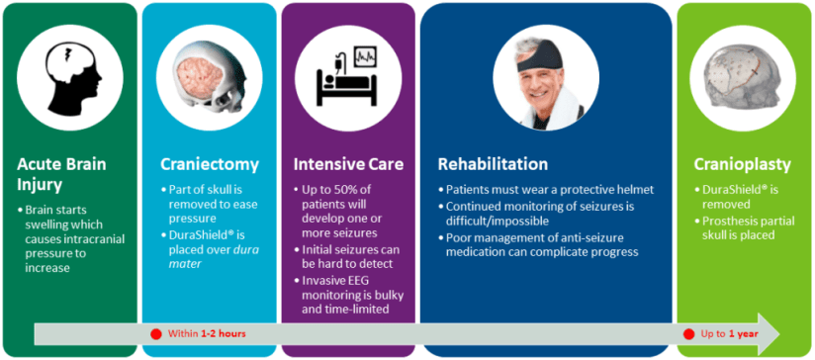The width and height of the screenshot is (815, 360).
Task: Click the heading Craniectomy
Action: click(210, 165)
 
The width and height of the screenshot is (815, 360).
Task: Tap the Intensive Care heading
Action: click(348, 165)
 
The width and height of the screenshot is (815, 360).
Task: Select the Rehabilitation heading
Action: click(493, 165)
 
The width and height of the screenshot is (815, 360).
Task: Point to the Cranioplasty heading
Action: click(743, 165)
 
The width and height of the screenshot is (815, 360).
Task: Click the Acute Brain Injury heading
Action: click(61, 174)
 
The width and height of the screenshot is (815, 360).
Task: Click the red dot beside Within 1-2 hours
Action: click(156, 333)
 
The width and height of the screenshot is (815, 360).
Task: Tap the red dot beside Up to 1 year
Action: click(689, 333)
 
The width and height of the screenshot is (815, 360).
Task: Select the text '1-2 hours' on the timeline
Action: click(223, 333)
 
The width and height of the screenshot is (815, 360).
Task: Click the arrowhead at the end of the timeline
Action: click(770, 333)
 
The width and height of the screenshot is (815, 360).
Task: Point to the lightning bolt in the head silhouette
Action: click(66, 55)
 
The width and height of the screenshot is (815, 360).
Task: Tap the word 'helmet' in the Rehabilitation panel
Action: click(637, 190)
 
